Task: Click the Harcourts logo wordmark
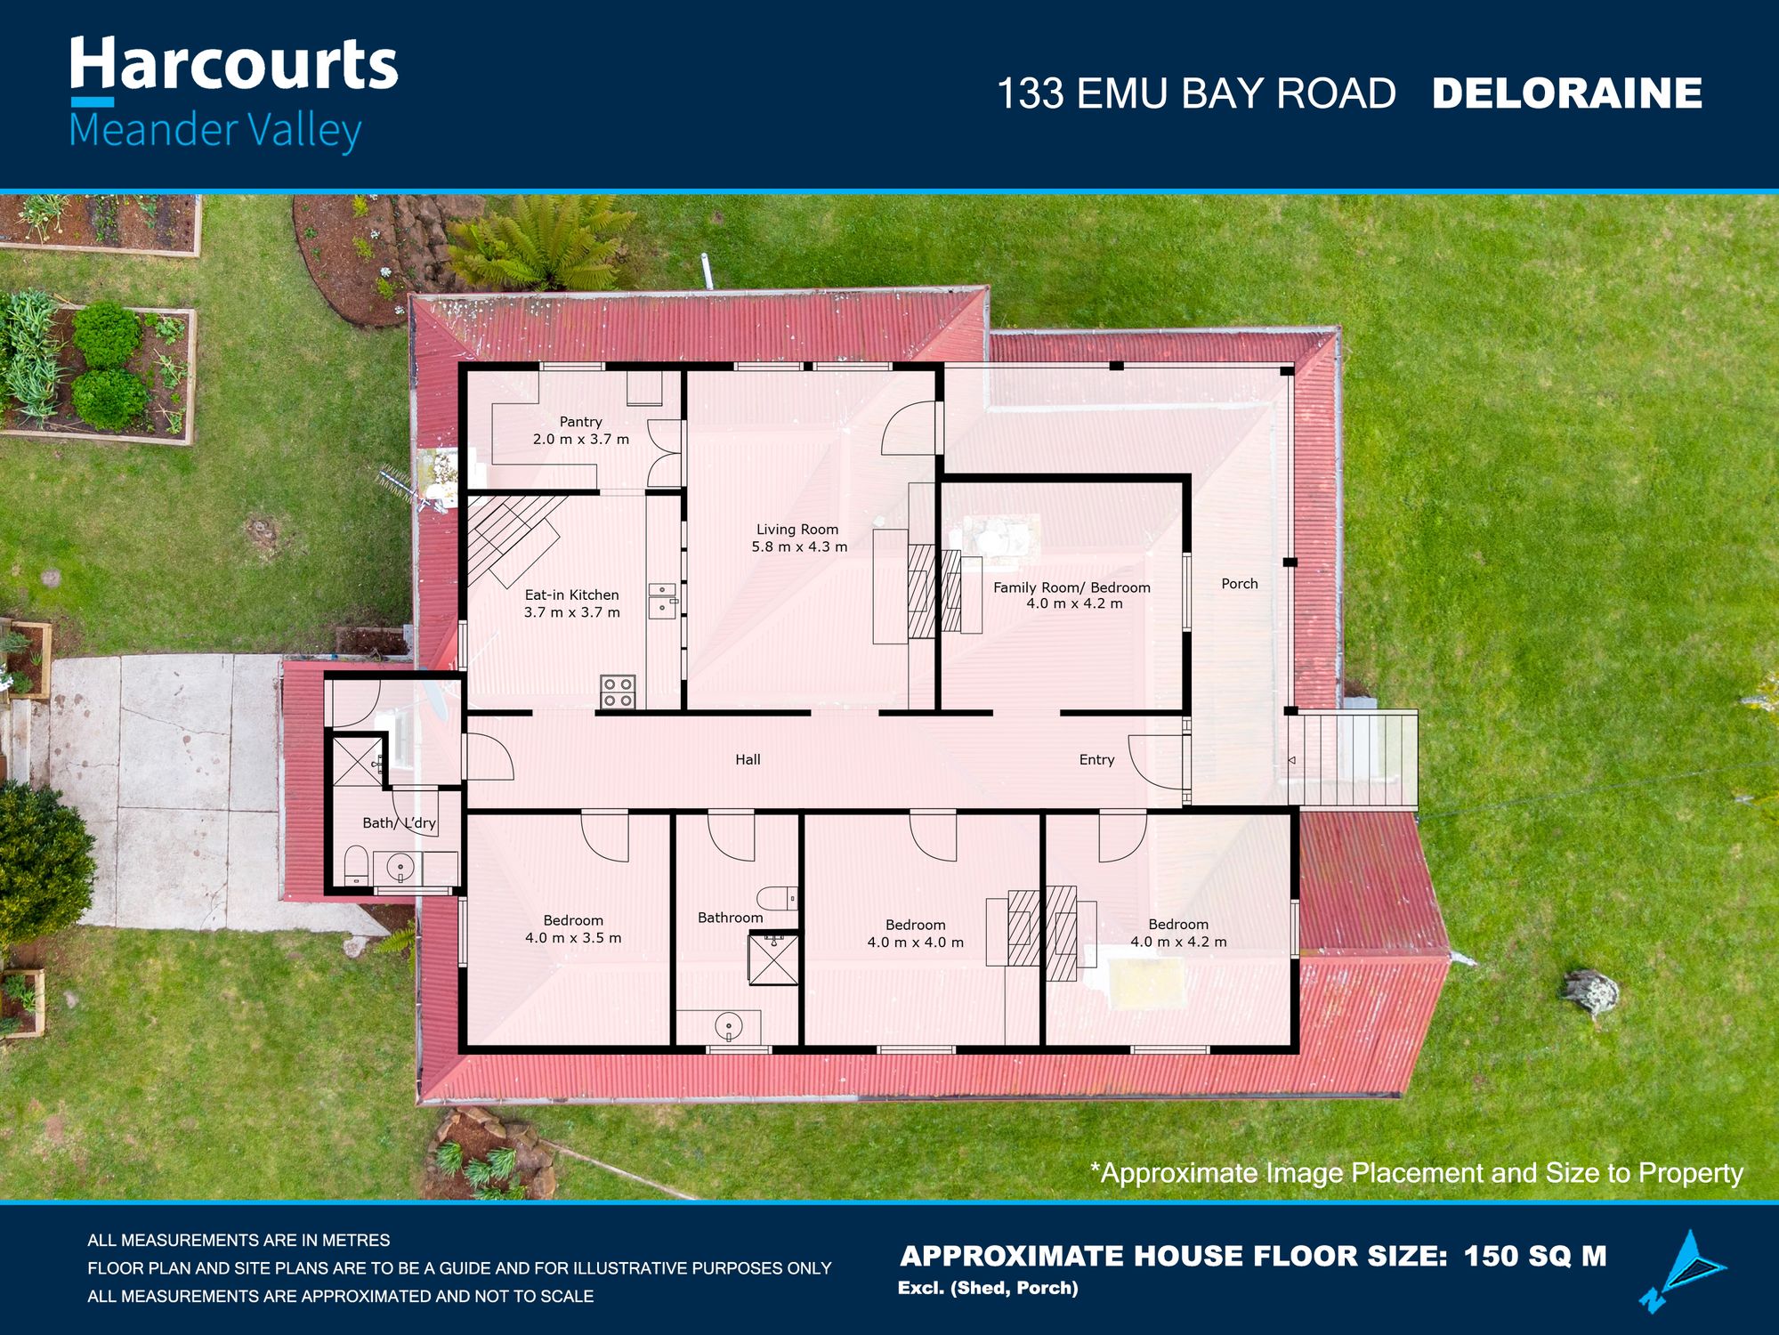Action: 233,64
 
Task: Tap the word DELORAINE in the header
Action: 1566,93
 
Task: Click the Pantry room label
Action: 580,422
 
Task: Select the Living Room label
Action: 797,530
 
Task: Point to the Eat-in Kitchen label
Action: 571,595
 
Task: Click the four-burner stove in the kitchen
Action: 618,692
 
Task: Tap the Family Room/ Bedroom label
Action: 1071,587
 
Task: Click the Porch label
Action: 1240,584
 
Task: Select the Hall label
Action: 748,759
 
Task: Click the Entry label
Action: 1096,759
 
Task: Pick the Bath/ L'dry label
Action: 399,823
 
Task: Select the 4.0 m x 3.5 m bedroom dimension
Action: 573,938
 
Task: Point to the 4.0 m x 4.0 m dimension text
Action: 915,943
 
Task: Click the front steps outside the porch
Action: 1352,759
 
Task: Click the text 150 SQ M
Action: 1535,1256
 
